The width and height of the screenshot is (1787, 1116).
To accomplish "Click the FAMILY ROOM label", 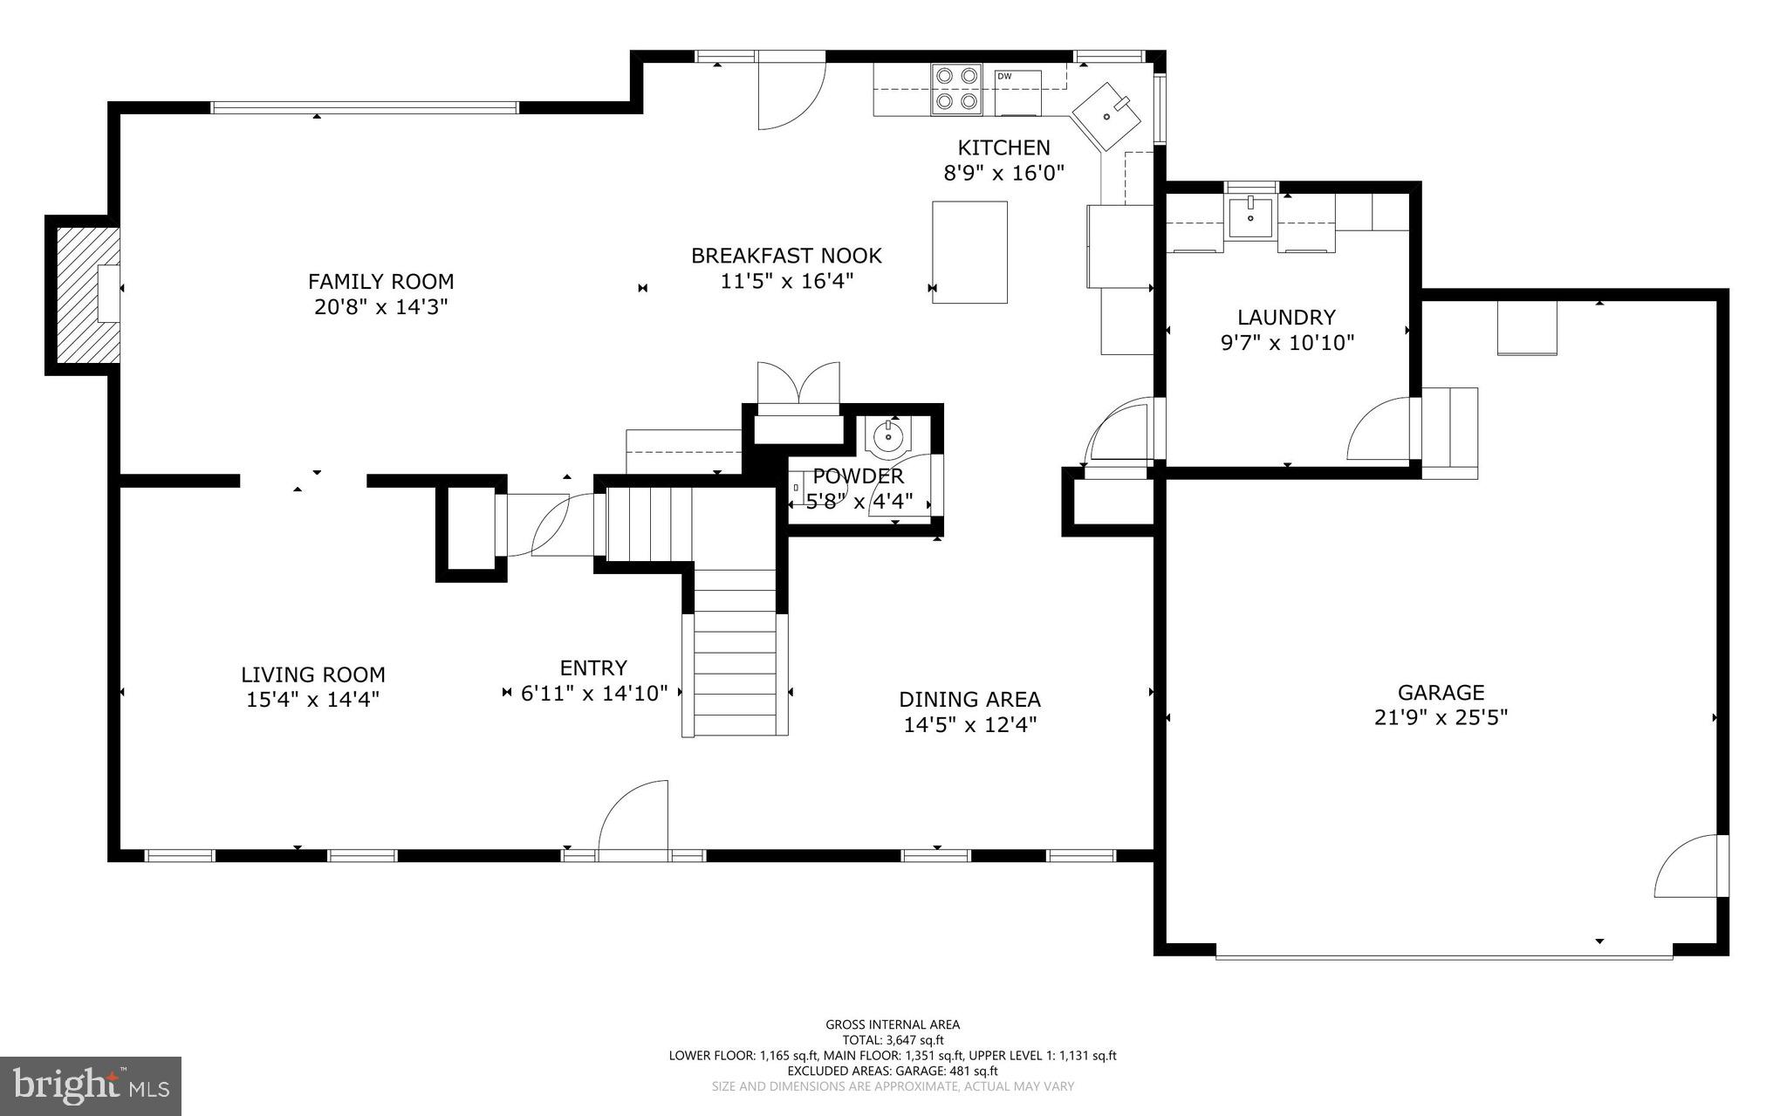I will (x=380, y=282).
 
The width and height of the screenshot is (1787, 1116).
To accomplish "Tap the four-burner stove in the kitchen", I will (x=955, y=89).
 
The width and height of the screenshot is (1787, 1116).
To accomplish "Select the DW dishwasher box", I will (x=1017, y=92).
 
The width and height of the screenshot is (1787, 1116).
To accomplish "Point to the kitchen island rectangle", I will (x=969, y=252).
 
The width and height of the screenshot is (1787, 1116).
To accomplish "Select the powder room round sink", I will (x=888, y=436).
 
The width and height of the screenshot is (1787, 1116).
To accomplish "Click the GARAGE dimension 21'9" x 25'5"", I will (x=1441, y=717).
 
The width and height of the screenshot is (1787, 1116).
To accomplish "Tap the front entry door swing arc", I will (x=633, y=814).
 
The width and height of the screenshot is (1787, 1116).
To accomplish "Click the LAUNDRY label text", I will (x=1286, y=318).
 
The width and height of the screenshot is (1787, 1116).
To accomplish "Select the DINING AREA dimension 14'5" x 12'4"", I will (x=969, y=724).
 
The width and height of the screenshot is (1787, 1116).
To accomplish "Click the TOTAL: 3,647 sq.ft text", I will (x=893, y=1040).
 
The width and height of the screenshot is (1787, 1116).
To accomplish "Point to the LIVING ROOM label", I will (x=312, y=674).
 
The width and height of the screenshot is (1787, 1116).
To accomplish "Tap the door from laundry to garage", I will (x=1380, y=430).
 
